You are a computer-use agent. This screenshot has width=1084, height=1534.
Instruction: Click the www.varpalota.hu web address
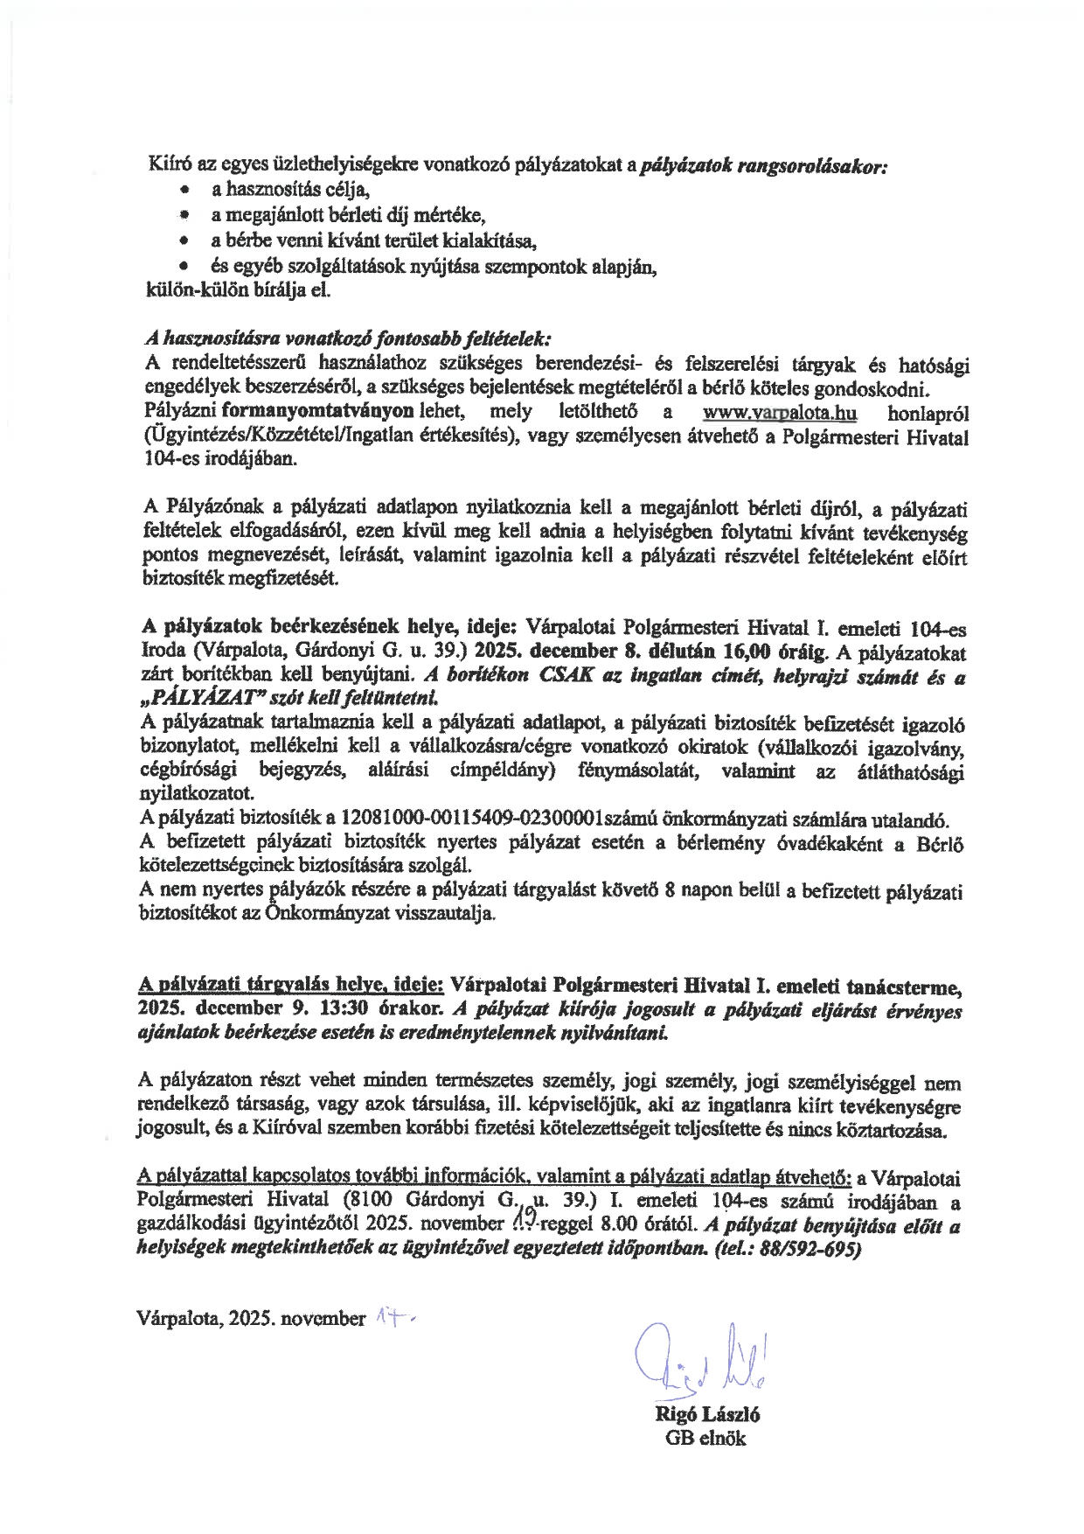[779, 413]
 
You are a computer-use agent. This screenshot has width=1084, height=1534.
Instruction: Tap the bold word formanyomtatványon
[317, 413]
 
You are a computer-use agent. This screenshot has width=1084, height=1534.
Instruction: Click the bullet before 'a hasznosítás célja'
[184, 190]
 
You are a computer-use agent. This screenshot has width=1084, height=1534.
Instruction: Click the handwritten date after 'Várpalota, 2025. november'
[393, 1315]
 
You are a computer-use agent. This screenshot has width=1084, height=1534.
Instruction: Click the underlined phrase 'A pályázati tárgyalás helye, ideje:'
[292, 986]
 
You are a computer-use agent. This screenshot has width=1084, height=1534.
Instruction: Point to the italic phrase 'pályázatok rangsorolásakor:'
[765, 165]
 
